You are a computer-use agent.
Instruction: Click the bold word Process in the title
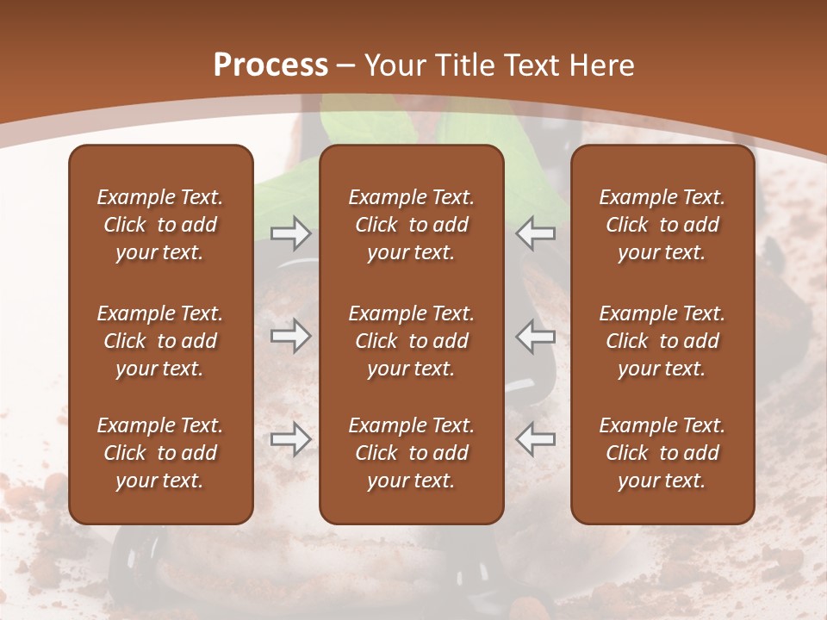click(x=270, y=65)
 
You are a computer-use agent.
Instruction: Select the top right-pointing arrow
click(x=290, y=233)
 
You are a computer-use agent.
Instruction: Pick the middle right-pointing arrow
click(x=290, y=336)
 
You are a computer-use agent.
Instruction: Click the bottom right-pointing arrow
click(x=290, y=439)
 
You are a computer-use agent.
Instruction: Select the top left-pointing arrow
click(x=536, y=233)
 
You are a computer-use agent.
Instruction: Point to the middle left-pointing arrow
click(x=536, y=336)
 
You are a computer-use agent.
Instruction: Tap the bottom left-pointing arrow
click(x=536, y=439)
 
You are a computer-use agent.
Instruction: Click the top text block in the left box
click(x=160, y=225)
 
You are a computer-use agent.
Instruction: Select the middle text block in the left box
click(x=160, y=341)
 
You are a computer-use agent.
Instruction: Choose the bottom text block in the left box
click(x=160, y=453)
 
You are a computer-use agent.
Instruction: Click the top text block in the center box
click(x=411, y=225)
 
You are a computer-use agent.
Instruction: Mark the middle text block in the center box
click(x=411, y=341)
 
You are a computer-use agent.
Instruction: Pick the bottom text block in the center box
click(x=411, y=453)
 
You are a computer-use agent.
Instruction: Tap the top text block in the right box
click(x=662, y=225)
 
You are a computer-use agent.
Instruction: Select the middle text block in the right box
click(x=662, y=341)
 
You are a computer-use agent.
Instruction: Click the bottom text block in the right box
click(x=662, y=453)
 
